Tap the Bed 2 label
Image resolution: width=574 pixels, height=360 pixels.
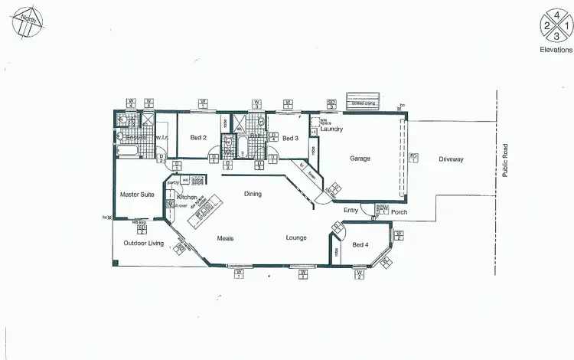tap(198, 138)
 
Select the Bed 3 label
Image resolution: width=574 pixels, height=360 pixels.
tap(289, 138)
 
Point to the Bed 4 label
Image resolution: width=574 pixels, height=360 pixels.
tap(360, 245)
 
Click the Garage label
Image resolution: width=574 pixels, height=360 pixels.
tap(360, 159)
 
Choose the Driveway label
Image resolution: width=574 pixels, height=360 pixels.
tap(452, 159)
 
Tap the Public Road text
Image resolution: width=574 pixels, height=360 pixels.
tap(505, 161)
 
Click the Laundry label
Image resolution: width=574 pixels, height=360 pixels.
tap(331, 129)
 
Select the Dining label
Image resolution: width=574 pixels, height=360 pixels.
tap(253, 194)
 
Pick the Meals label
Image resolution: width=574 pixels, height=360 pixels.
tap(224, 237)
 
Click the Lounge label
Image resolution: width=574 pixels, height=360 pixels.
tap(297, 237)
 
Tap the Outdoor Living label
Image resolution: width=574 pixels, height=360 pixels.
tap(144, 244)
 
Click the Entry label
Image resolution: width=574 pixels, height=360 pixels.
tap(351, 210)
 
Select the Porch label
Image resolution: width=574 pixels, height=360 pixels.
tap(399, 213)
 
